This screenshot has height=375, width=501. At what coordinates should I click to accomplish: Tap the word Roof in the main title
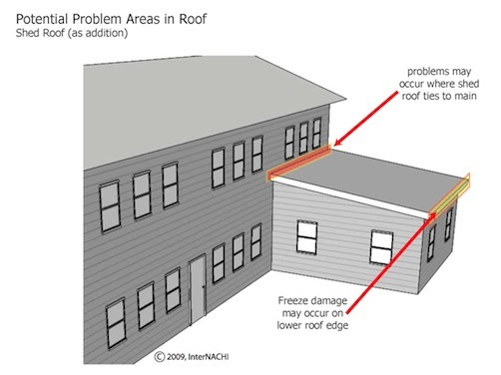click(x=207, y=13)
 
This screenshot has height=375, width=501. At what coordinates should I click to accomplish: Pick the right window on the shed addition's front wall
click(x=382, y=245)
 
